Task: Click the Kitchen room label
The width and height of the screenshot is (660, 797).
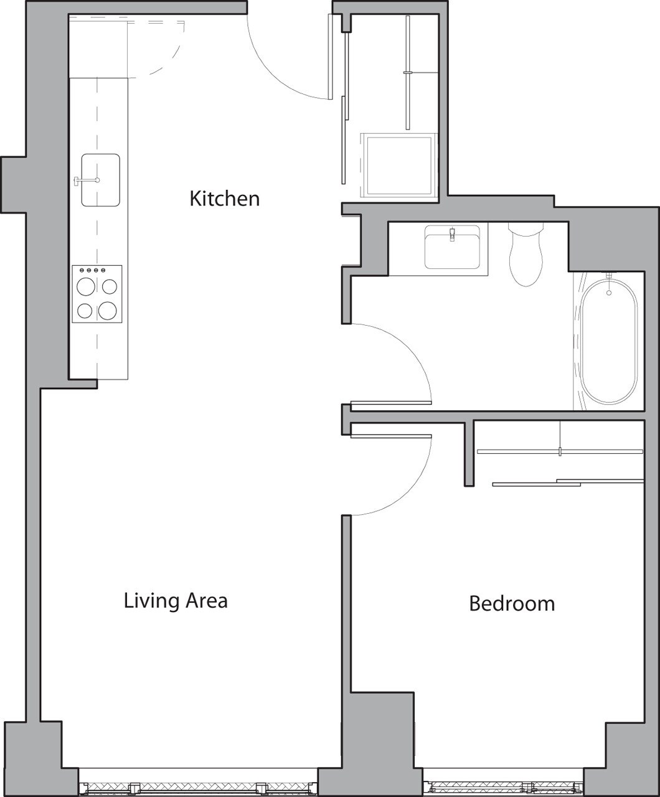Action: pos(224,199)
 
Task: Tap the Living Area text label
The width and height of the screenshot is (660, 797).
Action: pos(176,601)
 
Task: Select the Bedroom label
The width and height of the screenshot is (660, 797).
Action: pos(512,603)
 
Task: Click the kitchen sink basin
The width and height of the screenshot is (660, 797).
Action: pos(100,181)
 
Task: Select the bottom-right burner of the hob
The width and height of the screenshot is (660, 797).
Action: pos(108,309)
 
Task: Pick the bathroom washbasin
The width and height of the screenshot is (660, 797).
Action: pos(453,247)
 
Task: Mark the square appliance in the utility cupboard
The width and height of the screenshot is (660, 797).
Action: pos(398,165)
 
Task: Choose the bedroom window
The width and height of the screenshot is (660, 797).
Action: pos(503,787)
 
